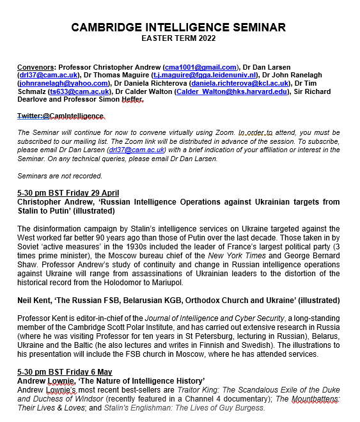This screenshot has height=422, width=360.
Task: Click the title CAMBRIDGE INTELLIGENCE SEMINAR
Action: [178, 27]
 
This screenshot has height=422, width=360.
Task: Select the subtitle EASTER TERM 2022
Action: [178, 38]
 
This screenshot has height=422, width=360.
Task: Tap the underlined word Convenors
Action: [35, 66]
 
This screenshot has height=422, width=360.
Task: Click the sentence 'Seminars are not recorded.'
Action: [59, 175]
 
